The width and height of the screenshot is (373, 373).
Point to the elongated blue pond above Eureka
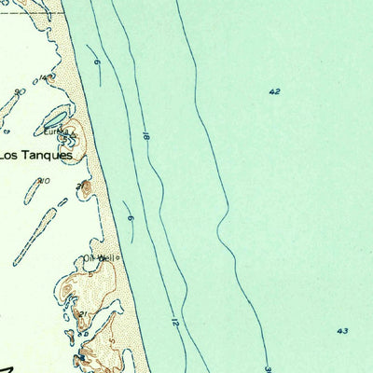pyautogui.click(x=55, y=118)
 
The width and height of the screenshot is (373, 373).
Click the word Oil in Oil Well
pyautogui.click(x=90, y=257)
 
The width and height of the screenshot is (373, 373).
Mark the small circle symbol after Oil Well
pyautogui.click(x=119, y=258)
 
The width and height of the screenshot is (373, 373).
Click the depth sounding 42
pyautogui.click(x=273, y=91)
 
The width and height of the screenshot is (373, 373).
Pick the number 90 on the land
pyautogui.click(x=20, y=91)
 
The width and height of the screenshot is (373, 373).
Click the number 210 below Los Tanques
pyautogui.click(x=43, y=181)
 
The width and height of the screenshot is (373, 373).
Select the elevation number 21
pyautogui.click(x=83, y=313)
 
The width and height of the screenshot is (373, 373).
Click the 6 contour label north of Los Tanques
pyautogui.click(x=97, y=62)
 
